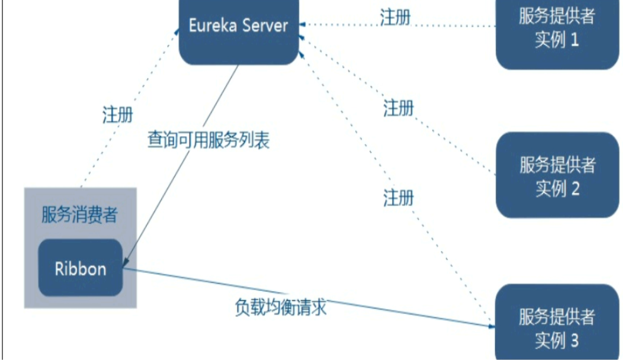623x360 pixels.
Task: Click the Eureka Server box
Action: click(x=239, y=33)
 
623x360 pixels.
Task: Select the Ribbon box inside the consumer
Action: click(x=81, y=268)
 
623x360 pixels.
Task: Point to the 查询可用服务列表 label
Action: click(x=208, y=140)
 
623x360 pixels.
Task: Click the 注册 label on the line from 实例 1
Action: click(x=396, y=18)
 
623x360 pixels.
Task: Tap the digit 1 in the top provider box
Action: click(x=574, y=41)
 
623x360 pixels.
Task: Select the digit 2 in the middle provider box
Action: click(x=574, y=189)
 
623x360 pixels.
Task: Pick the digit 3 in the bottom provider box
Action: click(x=574, y=340)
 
